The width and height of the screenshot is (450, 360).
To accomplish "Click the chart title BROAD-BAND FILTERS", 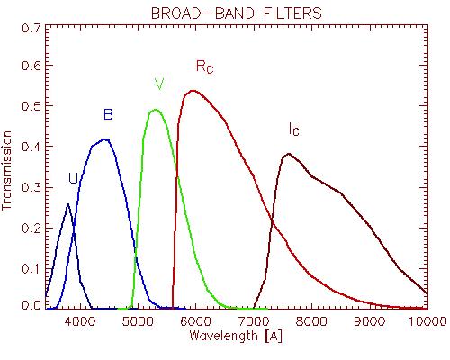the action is click(237, 13).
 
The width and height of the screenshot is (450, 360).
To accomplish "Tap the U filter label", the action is click(73, 178).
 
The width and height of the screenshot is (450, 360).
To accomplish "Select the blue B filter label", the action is click(108, 114).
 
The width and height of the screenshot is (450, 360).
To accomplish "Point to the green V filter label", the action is click(159, 85).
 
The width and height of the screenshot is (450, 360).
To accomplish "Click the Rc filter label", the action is click(205, 67).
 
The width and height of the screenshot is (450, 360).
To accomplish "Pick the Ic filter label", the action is click(294, 130).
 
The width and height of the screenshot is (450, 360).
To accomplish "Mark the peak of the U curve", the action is click(68, 204).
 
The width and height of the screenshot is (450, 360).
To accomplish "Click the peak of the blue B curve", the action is click(104, 139).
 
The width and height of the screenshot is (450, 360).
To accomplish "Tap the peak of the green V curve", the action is click(156, 110).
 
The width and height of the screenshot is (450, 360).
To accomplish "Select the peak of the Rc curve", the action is click(193, 91).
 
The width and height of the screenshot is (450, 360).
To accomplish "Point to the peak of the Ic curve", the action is click(289, 154).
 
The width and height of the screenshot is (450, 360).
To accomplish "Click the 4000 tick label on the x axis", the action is click(80, 321).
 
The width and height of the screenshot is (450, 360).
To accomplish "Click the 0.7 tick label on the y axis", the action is click(31, 28).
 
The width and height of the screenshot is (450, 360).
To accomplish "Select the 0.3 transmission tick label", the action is click(31, 188).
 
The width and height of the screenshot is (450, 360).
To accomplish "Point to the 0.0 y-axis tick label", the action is click(31, 305).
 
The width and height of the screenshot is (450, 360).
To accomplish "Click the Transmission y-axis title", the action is click(6, 170).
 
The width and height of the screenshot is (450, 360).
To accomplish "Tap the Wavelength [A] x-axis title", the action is click(236, 336).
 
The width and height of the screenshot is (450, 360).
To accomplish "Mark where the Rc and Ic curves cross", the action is click(273, 221).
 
